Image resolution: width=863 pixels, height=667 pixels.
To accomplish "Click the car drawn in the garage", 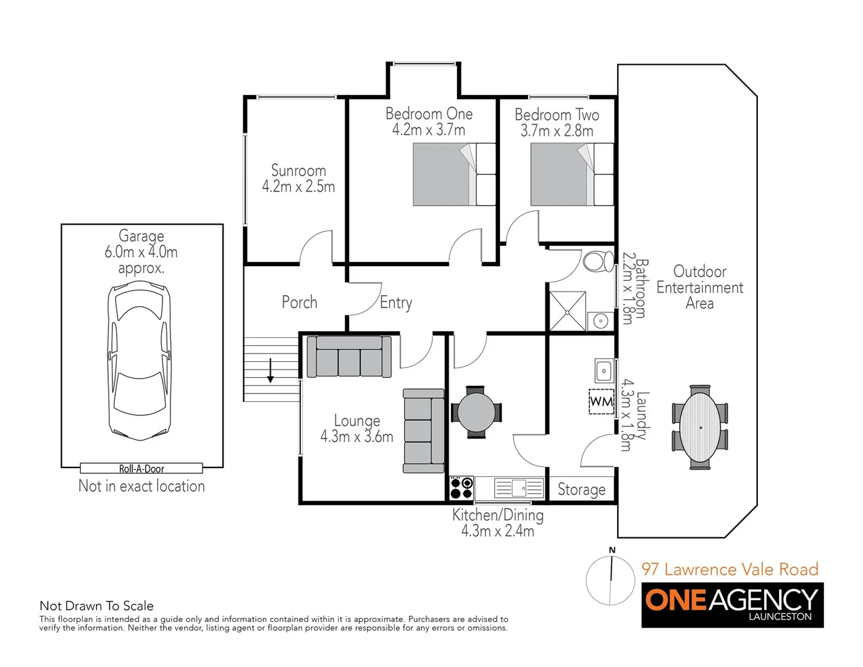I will tap(140, 361).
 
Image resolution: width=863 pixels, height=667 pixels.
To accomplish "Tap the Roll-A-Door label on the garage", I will tap(141, 469).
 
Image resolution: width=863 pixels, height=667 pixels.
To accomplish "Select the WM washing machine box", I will tap(601, 402).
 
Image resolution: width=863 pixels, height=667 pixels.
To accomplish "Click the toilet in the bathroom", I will tap(597, 261).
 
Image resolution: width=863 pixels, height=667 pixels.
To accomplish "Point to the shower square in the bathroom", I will tap(567, 311).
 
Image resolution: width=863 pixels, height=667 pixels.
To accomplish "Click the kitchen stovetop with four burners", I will tap(461, 487).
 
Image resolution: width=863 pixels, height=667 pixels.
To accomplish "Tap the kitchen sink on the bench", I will tap(518, 488).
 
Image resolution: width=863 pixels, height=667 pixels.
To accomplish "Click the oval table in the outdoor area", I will tap(700, 427).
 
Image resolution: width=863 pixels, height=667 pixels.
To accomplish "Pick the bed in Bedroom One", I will tap(454, 174).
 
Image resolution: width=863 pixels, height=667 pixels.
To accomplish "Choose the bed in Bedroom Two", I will tap(572, 174).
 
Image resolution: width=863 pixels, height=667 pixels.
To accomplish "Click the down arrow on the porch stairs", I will tap(270, 371).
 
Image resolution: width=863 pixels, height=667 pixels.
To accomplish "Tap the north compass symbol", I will tap(610, 579).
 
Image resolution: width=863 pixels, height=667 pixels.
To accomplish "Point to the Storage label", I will tap(581, 490).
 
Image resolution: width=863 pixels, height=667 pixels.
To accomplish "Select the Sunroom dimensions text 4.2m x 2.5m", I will tap(298, 187).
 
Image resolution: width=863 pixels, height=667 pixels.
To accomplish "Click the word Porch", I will tap(300, 302).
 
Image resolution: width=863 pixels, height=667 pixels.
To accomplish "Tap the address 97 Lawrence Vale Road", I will tap(730, 569).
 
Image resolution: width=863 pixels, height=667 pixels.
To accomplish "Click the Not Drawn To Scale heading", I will tap(96, 606).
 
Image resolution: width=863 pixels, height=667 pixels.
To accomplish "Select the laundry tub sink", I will tap(604, 371).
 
